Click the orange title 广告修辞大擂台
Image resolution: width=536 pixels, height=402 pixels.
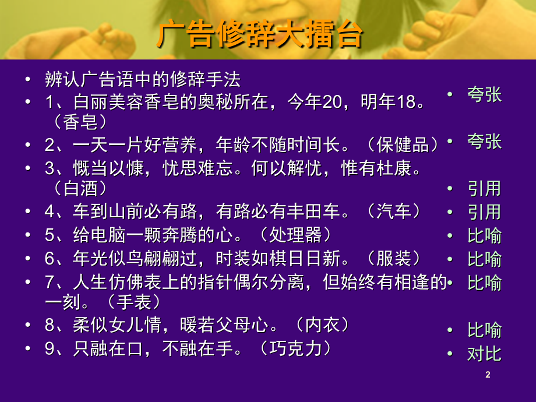[260, 34]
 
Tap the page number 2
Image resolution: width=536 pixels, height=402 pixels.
[488, 375]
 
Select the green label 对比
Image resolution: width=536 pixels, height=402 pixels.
[484, 354]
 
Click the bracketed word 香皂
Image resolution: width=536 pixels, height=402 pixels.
[80, 122]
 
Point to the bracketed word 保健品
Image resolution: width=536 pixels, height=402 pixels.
[403, 145]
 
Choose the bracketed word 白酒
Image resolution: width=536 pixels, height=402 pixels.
[80, 189]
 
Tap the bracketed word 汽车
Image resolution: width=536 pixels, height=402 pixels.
[394, 211]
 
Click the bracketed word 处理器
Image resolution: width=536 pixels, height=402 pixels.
[295, 235]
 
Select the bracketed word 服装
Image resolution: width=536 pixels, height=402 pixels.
[394, 259]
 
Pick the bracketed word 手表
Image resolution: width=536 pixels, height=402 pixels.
[133, 302]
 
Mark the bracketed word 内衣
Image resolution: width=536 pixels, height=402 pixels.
[322, 325]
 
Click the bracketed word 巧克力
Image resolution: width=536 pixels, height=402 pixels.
[295, 348]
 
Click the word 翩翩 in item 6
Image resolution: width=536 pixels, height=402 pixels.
[162, 259]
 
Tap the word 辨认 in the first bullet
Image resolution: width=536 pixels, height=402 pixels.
[62, 79]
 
